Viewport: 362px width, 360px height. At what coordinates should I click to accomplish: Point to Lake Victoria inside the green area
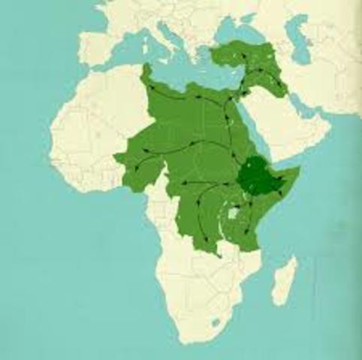[x=233, y=214]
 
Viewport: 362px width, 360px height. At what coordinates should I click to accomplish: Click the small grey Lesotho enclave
[x=216, y=322]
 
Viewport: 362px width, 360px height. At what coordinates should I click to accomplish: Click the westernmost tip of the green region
[x=115, y=157]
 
